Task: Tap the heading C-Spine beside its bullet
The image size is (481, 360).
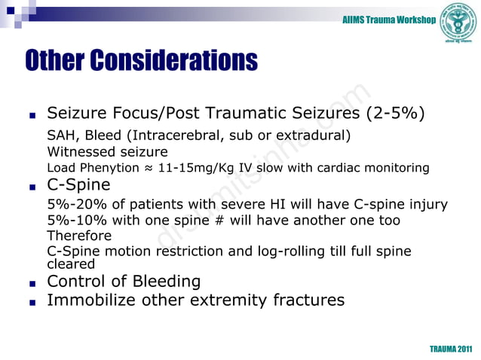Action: tap(78, 185)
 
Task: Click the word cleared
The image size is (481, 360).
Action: tap(71, 264)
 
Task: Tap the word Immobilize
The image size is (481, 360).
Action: tap(93, 301)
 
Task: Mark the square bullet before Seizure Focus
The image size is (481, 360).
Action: tap(32, 117)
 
